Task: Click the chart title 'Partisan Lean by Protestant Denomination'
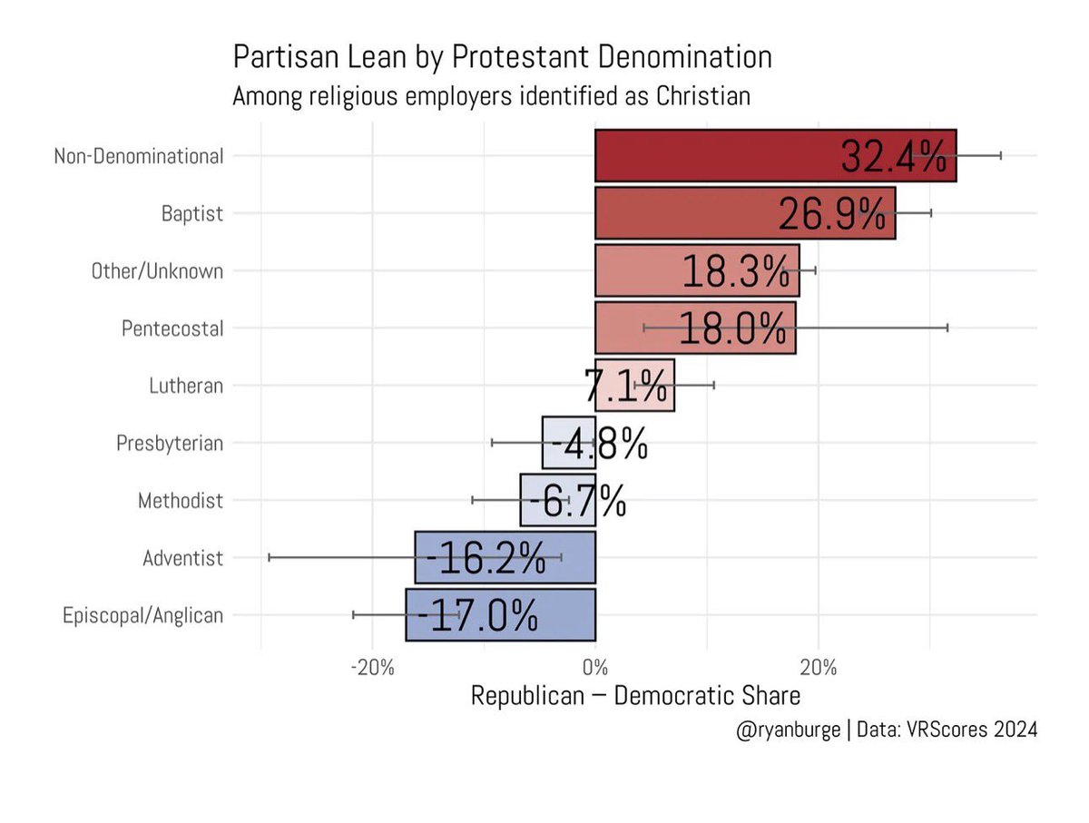[x=502, y=57]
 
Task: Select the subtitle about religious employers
[x=491, y=95]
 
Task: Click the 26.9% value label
[x=830, y=214]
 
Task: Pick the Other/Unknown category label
[x=157, y=270]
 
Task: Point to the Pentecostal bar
[x=635, y=328]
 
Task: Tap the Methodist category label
[x=180, y=500]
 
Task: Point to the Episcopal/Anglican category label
[x=142, y=615]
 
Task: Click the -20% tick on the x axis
[x=371, y=669]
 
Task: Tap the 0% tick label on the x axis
[x=595, y=669]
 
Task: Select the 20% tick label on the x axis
[x=819, y=669]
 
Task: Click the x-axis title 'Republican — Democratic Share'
[x=635, y=697]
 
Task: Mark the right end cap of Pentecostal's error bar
[x=947, y=328]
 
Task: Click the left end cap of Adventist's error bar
[x=270, y=557]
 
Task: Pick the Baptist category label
[x=191, y=214]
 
